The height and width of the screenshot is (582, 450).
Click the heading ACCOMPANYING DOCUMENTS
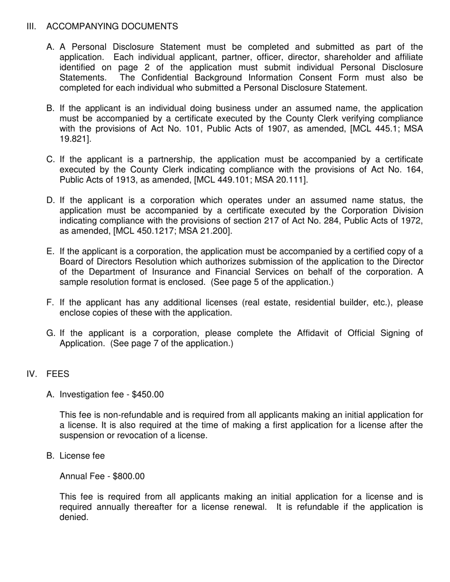tap(112, 26)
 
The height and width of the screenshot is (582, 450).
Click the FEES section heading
tap(58, 374)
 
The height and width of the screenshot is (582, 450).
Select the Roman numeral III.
tap(31, 26)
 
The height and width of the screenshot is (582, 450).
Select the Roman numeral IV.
tap(32, 374)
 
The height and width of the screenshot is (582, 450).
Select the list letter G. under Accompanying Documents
tap(51, 333)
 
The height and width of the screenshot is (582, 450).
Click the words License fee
tap(82, 456)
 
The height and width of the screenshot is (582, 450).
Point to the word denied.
tap(74, 517)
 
